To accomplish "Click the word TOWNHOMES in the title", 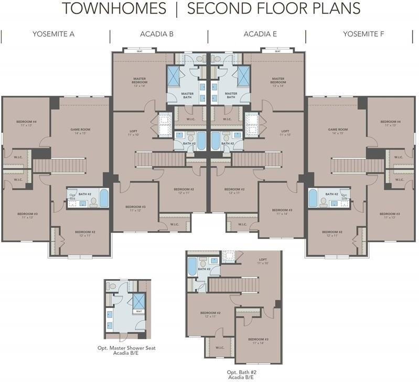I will (114, 9).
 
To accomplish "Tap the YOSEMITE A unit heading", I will (53, 34).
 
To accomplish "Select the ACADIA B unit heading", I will (157, 34).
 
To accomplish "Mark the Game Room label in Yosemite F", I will (338, 131).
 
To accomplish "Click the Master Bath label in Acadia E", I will (231, 95).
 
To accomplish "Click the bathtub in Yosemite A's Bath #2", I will (104, 198).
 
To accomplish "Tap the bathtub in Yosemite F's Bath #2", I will (313, 198).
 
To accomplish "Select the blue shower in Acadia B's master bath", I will (174, 76).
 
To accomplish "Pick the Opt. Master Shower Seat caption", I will (126, 351).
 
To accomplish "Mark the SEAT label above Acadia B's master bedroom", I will (140, 51).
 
